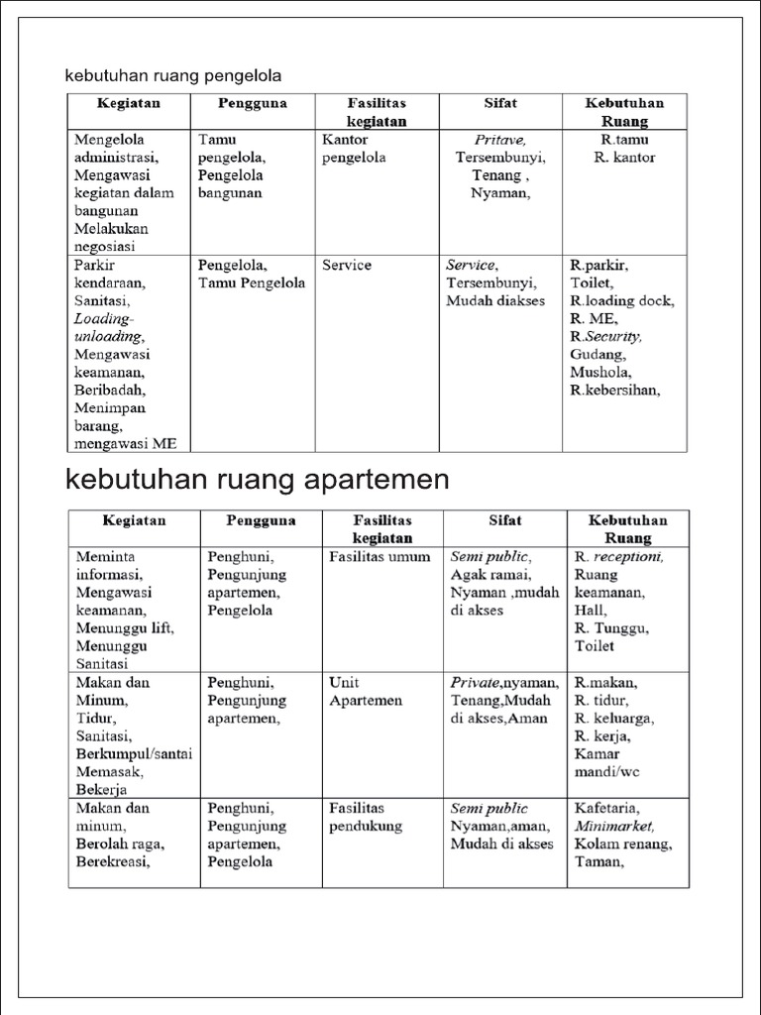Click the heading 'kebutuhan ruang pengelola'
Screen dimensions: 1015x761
(x=174, y=75)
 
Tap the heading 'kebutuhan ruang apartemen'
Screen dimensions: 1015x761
(x=258, y=480)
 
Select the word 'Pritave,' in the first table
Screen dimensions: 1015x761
(x=500, y=140)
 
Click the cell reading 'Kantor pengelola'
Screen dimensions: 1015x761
(x=354, y=149)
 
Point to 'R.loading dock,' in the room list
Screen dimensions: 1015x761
(x=622, y=301)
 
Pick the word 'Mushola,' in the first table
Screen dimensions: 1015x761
(x=600, y=372)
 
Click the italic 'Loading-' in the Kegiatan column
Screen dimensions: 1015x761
(x=103, y=319)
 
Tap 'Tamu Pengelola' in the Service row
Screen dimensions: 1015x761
(x=252, y=283)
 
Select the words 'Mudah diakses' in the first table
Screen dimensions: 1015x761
(x=495, y=301)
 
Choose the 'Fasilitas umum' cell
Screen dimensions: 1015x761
(x=380, y=557)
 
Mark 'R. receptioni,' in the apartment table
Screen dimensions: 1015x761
(x=619, y=557)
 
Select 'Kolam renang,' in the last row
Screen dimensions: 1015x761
(x=623, y=845)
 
